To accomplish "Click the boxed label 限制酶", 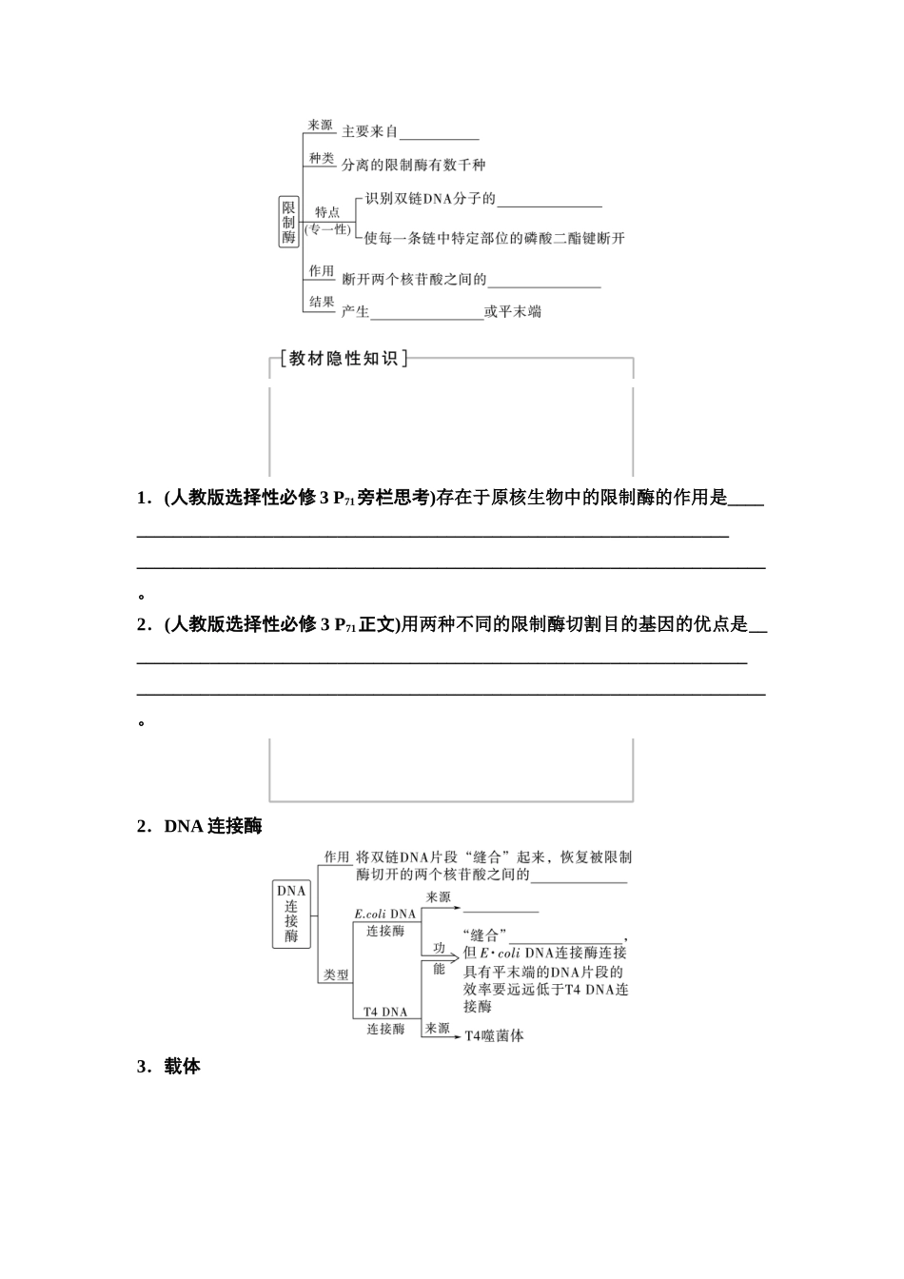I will tap(288, 222).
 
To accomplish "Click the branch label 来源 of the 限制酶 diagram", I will tap(321, 125).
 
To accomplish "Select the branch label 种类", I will tap(321, 158).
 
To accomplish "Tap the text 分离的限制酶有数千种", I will tap(414, 165).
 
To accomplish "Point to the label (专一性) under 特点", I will tap(327, 229).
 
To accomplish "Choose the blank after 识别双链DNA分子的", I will tap(549, 200).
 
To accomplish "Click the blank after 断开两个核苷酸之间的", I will tap(544, 281).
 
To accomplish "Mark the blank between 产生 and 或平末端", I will tap(426, 312).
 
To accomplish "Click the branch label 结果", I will tap(321, 302).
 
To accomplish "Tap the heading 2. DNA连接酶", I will tap(200, 826).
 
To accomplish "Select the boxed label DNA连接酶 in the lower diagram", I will tap(291, 914).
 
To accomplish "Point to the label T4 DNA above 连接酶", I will tap(384, 1012).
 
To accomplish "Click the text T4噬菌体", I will tap(494, 1035).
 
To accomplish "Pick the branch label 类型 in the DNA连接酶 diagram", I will tap(336, 975).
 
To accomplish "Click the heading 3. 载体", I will tap(169, 1067).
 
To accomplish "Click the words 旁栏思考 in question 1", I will tap(394, 498).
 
